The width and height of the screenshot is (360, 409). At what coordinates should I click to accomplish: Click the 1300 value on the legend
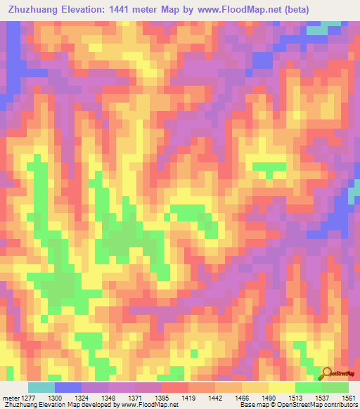(x=63, y=399)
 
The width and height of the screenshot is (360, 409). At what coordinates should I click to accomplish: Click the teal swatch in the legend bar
(x=41, y=387)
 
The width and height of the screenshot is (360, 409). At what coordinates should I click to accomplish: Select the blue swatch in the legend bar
(x=68, y=387)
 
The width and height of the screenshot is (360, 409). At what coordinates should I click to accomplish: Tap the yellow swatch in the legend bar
(x=282, y=387)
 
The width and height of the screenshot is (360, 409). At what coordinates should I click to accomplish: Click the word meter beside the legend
(x=10, y=399)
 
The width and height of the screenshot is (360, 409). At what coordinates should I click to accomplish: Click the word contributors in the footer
(x=341, y=405)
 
